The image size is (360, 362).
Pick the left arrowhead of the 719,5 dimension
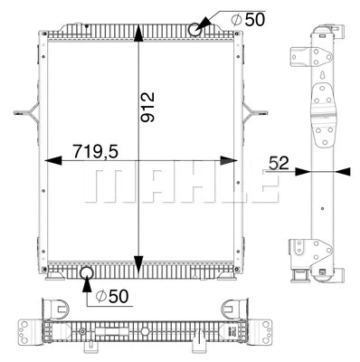point(48,162)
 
